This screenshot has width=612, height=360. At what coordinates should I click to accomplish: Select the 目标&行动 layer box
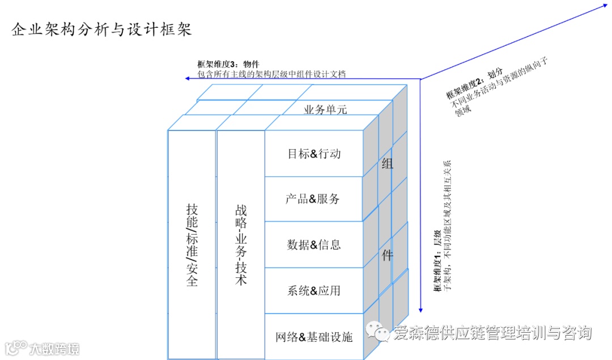coord(314,154)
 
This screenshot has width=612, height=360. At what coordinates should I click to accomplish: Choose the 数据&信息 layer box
coord(314,245)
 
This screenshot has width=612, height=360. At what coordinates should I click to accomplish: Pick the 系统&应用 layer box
coord(314,291)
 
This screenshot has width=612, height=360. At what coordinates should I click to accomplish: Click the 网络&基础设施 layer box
coord(314,337)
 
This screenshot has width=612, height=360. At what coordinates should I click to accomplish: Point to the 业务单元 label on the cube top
coord(325,110)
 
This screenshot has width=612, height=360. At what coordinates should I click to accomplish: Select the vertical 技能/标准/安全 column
coord(192,244)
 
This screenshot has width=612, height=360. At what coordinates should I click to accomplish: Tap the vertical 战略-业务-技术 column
coord(241,244)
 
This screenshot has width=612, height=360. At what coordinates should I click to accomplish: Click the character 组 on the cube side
coord(388,164)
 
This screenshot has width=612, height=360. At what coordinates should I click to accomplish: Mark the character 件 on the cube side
coord(387,255)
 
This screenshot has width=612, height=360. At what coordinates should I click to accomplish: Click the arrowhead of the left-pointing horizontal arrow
coord(188,78)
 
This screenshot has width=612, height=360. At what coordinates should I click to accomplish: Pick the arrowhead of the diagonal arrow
coord(604,6)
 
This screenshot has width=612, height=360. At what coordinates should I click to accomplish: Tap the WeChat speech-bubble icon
coord(377,332)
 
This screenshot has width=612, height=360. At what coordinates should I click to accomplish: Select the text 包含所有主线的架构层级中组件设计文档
coord(271,74)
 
